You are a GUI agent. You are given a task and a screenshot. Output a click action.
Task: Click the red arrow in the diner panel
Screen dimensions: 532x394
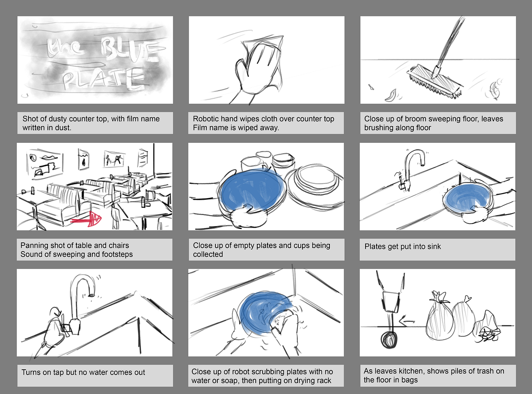coord(86,219)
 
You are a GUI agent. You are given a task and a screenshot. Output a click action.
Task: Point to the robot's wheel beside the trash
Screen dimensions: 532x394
coord(389,340)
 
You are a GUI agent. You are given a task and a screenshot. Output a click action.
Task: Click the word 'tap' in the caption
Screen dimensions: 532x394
coord(58,372)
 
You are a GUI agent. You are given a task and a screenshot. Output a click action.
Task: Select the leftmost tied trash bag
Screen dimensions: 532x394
coord(440,316)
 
